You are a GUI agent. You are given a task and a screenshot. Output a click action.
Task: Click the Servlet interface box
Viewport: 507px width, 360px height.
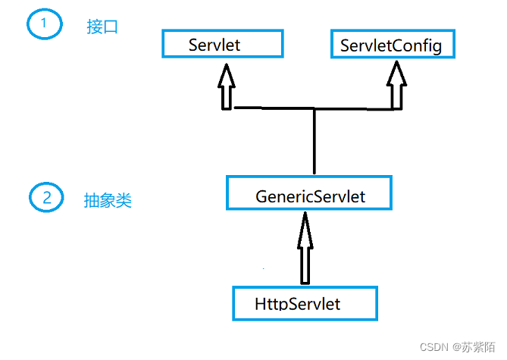(x=222, y=44)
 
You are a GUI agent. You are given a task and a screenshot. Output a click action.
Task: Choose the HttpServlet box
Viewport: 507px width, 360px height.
(x=305, y=302)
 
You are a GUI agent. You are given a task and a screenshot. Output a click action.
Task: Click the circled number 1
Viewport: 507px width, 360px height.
(x=43, y=24)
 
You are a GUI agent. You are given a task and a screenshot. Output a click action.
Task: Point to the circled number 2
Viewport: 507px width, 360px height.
(x=46, y=199)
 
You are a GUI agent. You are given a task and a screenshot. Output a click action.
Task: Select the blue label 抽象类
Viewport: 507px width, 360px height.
(x=108, y=200)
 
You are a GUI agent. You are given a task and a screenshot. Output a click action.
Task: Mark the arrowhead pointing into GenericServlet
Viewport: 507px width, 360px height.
(x=304, y=222)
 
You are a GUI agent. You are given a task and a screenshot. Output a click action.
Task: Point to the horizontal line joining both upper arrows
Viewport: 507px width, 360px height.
(x=273, y=108)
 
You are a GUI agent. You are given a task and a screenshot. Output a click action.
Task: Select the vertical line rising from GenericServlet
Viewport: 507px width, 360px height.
(x=314, y=144)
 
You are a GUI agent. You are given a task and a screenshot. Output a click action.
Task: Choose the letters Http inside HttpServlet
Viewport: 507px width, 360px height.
(x=270, y=305)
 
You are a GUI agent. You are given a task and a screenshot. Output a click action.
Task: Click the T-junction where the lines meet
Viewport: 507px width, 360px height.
(x=314, y=109)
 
